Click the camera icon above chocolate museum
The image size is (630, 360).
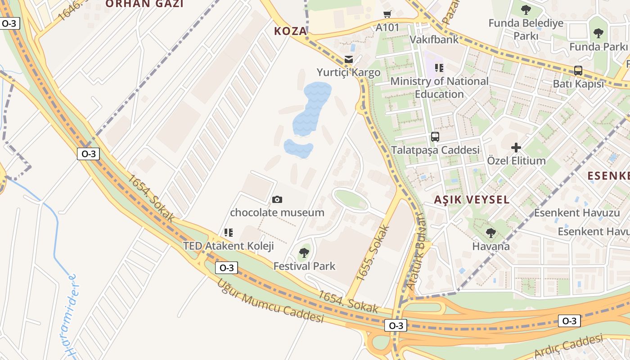[x=277, y=199]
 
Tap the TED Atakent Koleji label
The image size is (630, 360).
[x=228, y=246]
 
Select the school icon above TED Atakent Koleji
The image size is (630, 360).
[x=229, y=233]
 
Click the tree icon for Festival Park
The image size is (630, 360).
[x=304, y=253]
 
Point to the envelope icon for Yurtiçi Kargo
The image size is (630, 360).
[x=348, y=59]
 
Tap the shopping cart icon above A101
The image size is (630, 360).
[x=387, y=14]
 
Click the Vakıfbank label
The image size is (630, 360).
[x=434, y=40]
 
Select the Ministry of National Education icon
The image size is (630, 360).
[x=439, y=68]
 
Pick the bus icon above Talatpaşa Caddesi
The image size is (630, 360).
[x=435, y=137]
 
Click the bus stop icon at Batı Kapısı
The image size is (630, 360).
[x=578, y=71]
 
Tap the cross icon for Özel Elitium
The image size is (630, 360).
[x=516, y=147]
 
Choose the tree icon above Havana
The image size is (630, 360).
[x=491, y=233]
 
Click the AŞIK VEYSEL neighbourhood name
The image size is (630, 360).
[x=472, y=200]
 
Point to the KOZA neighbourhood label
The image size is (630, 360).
[x=291, y=31]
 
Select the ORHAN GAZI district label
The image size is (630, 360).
[x=144, y=4]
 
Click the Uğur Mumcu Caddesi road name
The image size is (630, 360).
[x=270, y=302]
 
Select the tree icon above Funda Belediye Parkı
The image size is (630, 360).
[x=526, y=10]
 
